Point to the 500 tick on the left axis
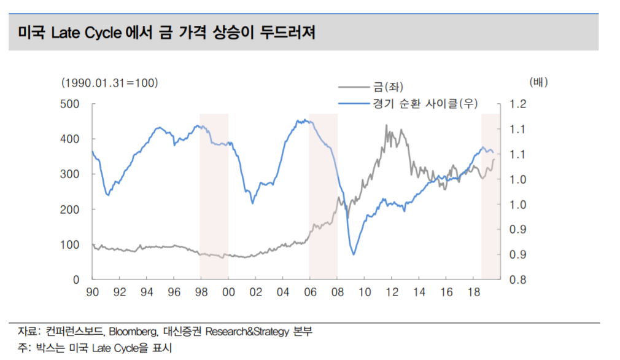pyautogui.click(x=72, y=104)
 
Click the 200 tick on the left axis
pyautogui.click(x=72, y=209)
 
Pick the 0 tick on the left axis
pyautogui.click(x=77, y=280)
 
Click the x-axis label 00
pyautogui.click(x=228, y=292)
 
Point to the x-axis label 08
pyautogui.click(x=337, y=292)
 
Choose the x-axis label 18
pyautogui.click(x=473, y=292)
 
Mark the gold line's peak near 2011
pyautogui.click(x=386, y=125)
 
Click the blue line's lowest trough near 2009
pyautogui.click(x=354, y=254)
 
